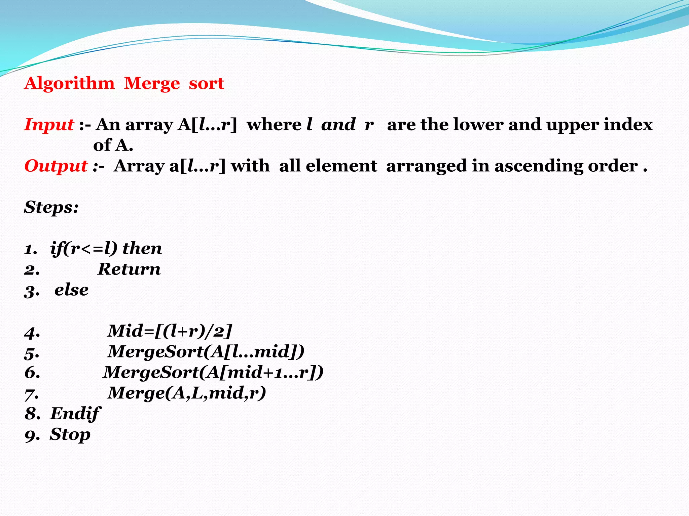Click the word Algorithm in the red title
pyautogui.click(x=69, y=84)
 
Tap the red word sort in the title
pyautogui.click(x=206, y=84)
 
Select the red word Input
pyautogui.click(x=49, y=125)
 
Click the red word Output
pyautogui.click(x=56, y=166)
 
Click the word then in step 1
pyautogui.click(x=142, y=249)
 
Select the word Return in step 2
pyautogui.click(x=129, y=269)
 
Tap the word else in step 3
pyautogui.click(x=71, y=290)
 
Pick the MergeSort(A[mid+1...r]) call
pyautogui.click(x=213, y=373)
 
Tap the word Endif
pyautogui.click(x=75, y=414)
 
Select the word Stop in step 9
pyautogui.click(x=70, y=435)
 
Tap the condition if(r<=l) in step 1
pyautogui.click(x=84, y=249)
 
